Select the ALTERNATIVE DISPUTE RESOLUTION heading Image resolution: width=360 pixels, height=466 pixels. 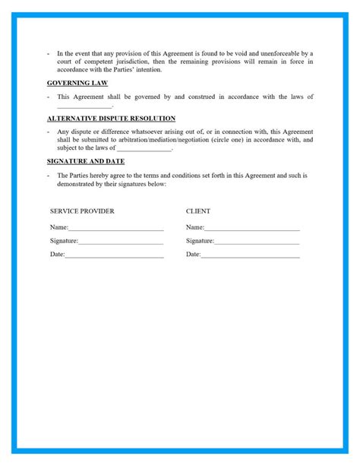pyautogui.click(x=111, y=119)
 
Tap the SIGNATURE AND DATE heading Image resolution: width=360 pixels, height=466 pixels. pyautogui.click(x=86, y=161)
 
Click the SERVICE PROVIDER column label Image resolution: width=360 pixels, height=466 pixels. pyautogui.click(x=82, y=211)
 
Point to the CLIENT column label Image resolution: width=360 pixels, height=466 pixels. pyautogui.click(x=198, y=211)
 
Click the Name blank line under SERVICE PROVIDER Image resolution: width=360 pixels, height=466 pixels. pyautogui.click(x=115, y=228)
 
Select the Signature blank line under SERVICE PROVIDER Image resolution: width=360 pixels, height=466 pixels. pyautogui.click(x=121, y=242)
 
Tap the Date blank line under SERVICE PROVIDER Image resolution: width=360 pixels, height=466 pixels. pyautogui.click(x=114, y=255)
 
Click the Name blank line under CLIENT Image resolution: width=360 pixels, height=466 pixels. pyautogui.click(x=252, y=228)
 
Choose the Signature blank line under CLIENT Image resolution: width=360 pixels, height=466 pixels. pyautogui.click(x=257, y=242)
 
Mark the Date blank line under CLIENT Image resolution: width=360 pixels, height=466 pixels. pyautogui.click(x=250, y=255)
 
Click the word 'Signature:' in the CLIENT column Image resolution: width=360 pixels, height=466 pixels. pyautogui.click(x=200, y=241)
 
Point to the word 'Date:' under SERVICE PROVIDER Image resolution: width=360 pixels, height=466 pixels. pyautogui.click(x=58, y=255)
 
